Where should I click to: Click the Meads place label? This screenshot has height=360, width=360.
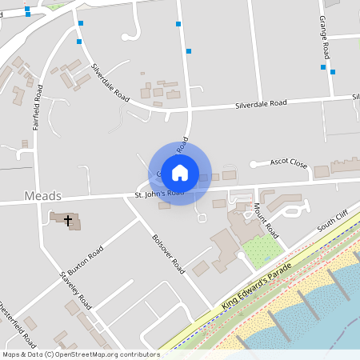42,195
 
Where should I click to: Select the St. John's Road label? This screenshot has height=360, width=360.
159,193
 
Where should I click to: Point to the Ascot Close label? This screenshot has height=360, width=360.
288,163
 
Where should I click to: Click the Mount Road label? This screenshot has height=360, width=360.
265,220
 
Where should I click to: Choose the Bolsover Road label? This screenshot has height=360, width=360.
169,254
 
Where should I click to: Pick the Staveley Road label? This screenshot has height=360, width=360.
76,291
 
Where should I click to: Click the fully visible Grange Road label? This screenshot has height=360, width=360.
324,37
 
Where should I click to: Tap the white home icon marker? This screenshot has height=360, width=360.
180,172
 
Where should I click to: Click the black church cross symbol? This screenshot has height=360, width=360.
68,219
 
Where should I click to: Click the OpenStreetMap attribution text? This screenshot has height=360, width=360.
81,354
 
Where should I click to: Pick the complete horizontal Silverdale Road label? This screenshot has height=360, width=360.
261,104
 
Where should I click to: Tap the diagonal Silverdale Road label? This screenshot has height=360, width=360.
110,81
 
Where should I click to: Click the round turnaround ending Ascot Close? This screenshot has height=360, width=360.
253,165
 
